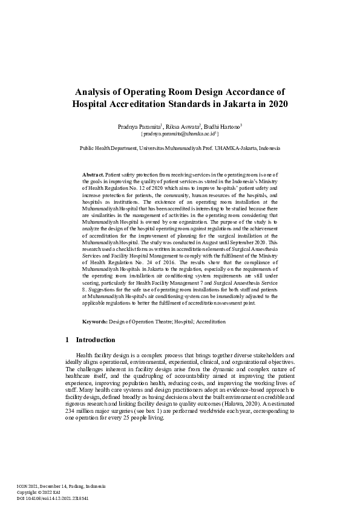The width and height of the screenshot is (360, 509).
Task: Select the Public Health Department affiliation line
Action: pos(180,148)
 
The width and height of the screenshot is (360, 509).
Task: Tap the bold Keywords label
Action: pos(96,322)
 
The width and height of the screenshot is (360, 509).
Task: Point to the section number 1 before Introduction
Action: pos(67,340)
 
